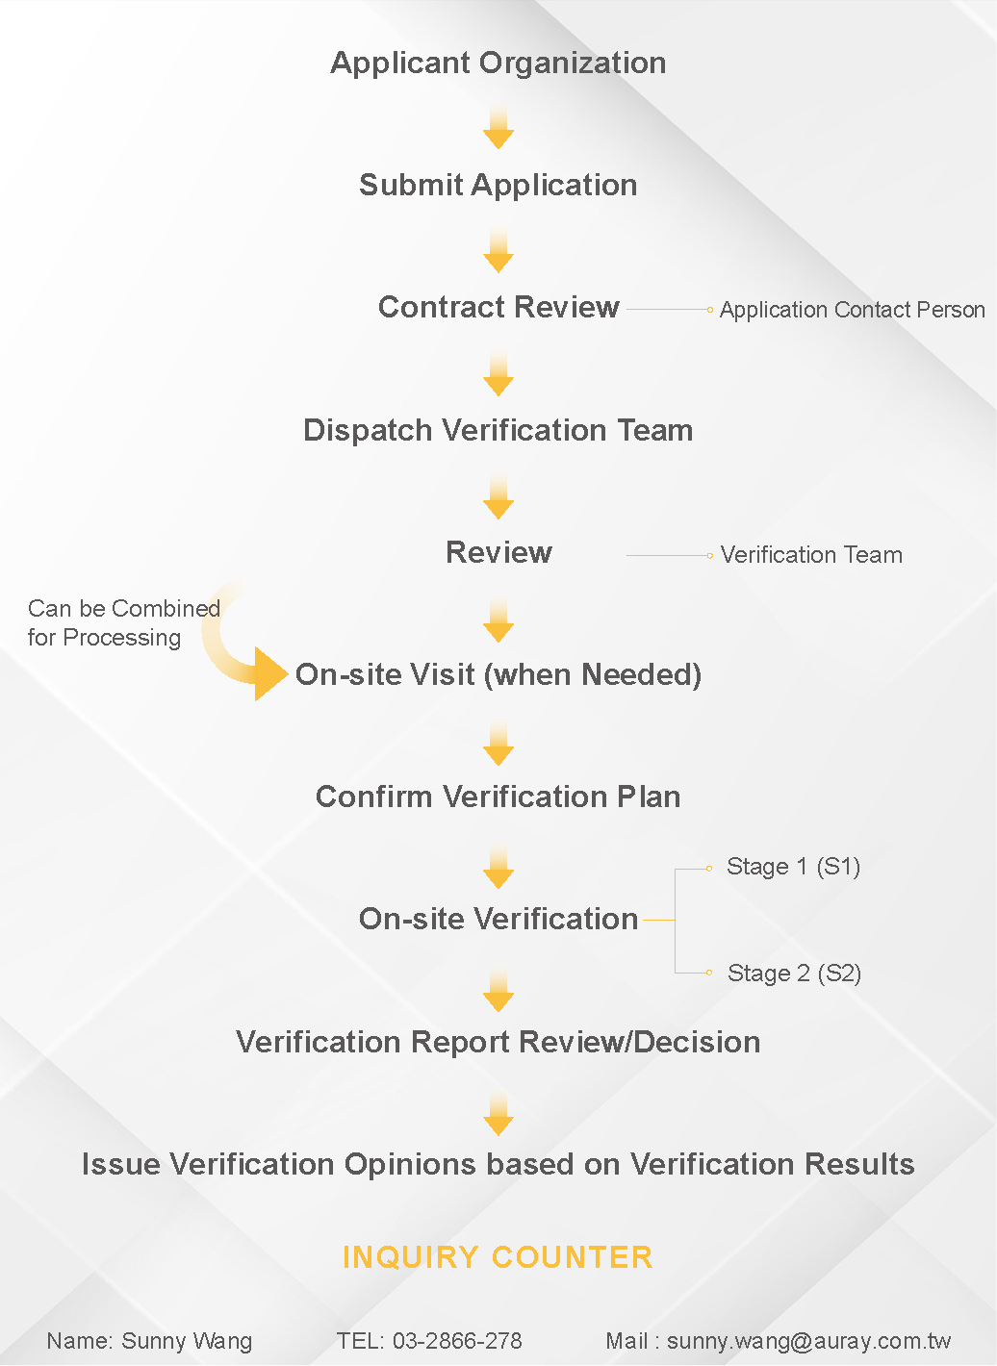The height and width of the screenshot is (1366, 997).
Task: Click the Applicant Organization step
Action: [498, 63]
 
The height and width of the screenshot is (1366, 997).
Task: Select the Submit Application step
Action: [498, 185]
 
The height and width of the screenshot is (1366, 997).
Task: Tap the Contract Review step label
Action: [498, 307]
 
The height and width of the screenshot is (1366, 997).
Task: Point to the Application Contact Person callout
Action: [853, 310]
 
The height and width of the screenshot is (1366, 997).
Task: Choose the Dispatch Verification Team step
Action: [498, 430]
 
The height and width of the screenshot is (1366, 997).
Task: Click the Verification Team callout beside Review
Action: [811, 555]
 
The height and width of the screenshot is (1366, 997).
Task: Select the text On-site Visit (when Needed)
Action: [498, 675]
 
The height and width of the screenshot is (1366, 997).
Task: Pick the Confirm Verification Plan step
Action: [498, 797]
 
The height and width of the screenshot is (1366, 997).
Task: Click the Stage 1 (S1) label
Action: [793, 867]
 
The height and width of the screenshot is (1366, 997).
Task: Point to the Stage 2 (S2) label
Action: [794, 974]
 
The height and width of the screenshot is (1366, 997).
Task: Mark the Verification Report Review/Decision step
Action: [498, 1042]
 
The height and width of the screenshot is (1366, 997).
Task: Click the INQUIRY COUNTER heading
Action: [498, 1257]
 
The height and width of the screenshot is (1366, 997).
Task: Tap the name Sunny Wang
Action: [187, 1341]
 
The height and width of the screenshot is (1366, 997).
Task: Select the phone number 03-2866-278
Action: [457, 1340]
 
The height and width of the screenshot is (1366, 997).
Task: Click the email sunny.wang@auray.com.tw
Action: [809, 1341]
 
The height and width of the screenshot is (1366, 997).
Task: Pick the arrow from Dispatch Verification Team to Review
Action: [498, 496]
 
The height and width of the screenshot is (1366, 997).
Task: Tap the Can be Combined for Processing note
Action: [123, 622]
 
